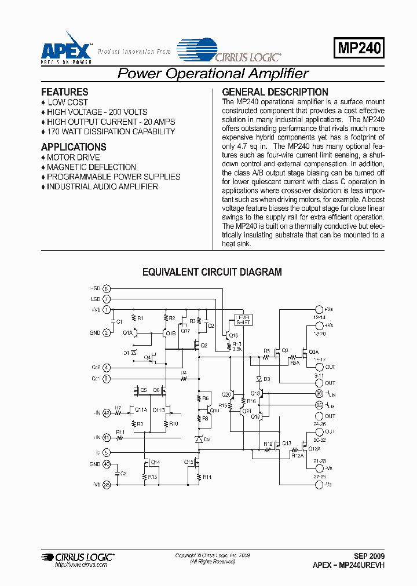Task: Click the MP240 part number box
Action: (359, 47)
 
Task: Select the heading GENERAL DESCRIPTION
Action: (275, 92)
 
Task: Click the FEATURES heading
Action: (65, 92)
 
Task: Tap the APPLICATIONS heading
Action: (74, 147)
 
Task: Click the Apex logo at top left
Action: (65, 47)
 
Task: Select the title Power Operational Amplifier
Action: (213, 74)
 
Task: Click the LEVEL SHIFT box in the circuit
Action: (242, 320)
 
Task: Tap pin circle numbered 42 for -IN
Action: (107, 413)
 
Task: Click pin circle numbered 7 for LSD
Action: (107, 299)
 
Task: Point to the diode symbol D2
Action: (199, 440)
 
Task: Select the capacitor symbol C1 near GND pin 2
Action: (113, 321)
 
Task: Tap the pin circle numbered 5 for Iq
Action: (107, 452)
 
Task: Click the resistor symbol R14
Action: (199, 477)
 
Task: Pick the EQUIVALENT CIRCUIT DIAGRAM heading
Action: (212, 272)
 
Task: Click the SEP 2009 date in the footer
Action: (368, 555)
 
